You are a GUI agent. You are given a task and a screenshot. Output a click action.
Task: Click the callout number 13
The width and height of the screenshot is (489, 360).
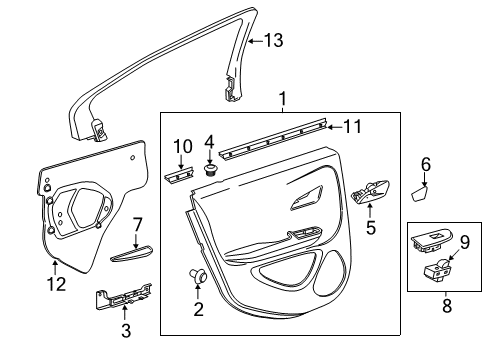(273, 41)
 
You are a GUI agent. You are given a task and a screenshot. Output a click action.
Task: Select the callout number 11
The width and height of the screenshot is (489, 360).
(351, 127)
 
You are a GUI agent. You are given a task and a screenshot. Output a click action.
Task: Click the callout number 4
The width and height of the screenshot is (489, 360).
(208, 141)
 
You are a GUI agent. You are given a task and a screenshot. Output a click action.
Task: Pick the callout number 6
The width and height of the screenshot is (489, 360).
(425, 164)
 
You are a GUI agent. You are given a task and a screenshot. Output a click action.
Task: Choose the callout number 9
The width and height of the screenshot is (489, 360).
(463, 241)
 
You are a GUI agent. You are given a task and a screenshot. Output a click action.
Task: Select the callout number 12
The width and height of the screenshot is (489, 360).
(56, 285)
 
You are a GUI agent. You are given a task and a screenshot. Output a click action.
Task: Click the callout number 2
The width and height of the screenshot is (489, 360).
(197, 311)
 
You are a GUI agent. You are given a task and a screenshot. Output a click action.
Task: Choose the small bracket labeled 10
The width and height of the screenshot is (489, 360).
(175, 176)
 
